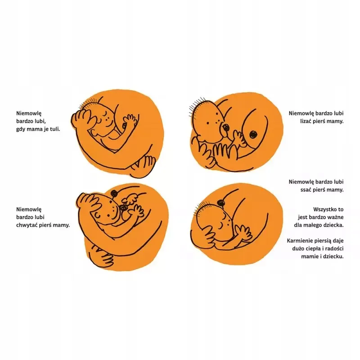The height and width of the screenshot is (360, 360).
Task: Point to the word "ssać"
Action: tap(306, 190)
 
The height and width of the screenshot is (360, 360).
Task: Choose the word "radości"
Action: tap(334, 249)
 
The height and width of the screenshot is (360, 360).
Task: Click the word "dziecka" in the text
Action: tap(334, 225)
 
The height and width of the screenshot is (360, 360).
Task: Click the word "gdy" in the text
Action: tap(20, 129)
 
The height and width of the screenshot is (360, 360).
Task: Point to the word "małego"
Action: tap(313, 225)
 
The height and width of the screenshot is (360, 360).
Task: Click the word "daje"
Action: tap(338, 241)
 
